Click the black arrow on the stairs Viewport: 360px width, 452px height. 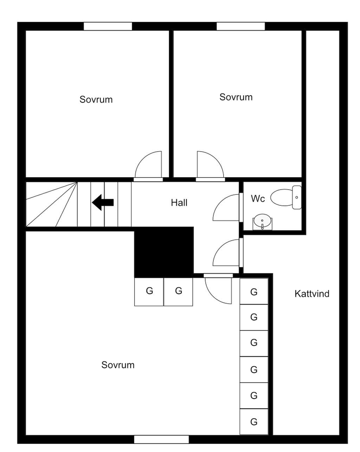103,202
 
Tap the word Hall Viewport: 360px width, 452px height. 179,203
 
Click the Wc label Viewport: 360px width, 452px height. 258,198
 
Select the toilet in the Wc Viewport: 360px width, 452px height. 286,197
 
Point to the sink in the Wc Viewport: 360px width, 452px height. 262,222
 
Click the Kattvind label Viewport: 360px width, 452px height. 312,294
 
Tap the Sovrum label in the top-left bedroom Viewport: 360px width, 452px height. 96,100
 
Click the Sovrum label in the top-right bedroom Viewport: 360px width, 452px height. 236,97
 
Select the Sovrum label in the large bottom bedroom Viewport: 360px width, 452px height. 118,365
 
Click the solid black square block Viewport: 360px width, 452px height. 164,252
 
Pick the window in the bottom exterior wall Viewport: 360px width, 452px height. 161,439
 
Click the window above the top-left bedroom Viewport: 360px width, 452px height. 108,26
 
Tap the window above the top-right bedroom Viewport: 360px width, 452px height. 240,26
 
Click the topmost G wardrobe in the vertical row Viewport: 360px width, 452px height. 254,292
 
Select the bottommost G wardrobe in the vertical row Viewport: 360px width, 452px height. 254,421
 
